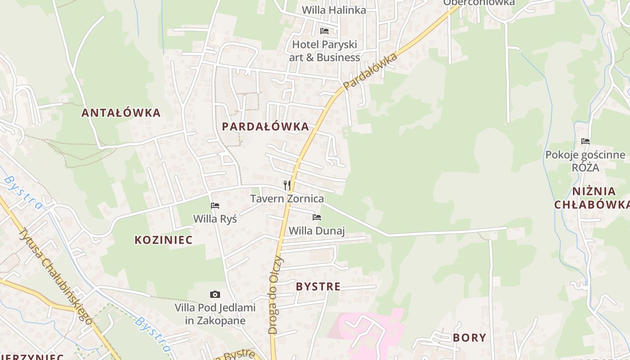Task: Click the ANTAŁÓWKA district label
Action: pyautogui.click(x=121, y=112)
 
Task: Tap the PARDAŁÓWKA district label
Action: pyautogui.click(x=265, y=126)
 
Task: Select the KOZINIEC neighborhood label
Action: pyautogui.click(x=163, y=240)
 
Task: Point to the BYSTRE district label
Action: pyautogui.click(x=318, y=286)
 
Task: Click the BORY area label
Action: pyautogui.click(x=469, y=337)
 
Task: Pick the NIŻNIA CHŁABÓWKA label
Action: pyautogui.click(x=590, y=198)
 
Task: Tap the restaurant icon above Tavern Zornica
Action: pyautogui.click(x=287, y=185)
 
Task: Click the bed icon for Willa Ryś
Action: pyautogui.click(x=215, y=206)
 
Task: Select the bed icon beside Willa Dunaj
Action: pyautogui.click(x=317, y=217)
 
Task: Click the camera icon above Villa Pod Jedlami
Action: pyautogui.click(x=215, y=295)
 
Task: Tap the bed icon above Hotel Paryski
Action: pyautogui.click(x=324, y=31)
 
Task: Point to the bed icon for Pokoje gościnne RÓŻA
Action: pyautogui.click(x=585, y=141)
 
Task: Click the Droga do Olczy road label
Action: pyautogui.click(x=275, y=295)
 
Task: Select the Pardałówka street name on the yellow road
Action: pyautogui.click(x=370, y=71)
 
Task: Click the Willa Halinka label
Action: pyautogui.click(x=333, y=10)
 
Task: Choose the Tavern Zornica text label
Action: pyautogui.click(x=287, y=198)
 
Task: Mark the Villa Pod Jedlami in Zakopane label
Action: pyautogui.click(x=215, y=314)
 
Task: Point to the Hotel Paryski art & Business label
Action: pyautogui.click(x=324, y=51)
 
